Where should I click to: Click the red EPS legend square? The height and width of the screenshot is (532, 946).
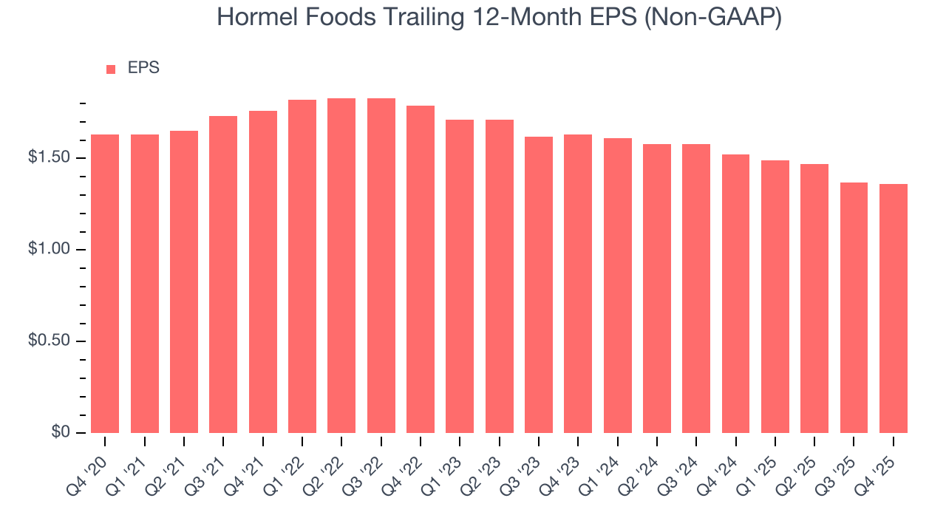click(111, 69)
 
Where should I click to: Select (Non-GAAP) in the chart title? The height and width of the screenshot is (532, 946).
click(714, 18)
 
